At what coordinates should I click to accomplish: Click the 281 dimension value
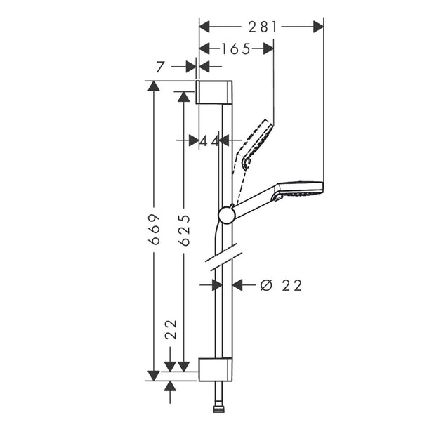(263, 27)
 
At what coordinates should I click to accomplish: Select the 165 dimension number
(236, 49)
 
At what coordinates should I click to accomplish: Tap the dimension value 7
(161, 67)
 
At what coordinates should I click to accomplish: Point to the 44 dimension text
(209, 141)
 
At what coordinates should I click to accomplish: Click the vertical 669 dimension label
(154, 229)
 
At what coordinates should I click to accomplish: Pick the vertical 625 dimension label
(184, 230)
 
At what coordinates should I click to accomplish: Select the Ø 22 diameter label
(281, 285)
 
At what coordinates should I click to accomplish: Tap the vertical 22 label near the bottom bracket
(171, 329)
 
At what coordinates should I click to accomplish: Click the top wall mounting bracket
(214, 92)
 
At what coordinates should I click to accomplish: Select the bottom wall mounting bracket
(216, 369)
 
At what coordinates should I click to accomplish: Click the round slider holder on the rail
(227, 215)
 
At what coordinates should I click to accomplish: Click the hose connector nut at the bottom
(218, 409)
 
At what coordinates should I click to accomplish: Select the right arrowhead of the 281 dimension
(318, 27)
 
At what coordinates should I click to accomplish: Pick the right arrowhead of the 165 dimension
(268, 48)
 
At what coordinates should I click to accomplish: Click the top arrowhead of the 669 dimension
(154, 86)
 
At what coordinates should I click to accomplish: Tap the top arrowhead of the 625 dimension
(184, 97)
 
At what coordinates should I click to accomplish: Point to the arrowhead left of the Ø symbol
(237, 285)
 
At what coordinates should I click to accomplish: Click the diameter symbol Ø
(266, 285)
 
